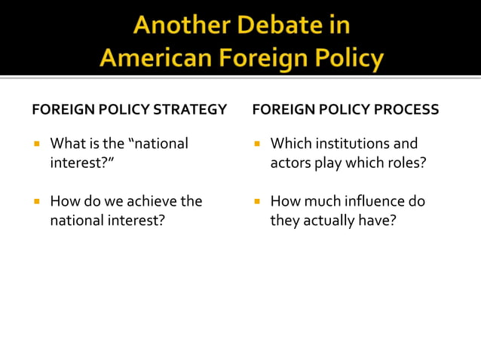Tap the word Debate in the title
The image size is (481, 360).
click(x=277, y=26)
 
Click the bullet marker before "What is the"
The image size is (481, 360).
click(x=36, y=143)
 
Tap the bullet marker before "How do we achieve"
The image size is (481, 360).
click(x=36, y=202)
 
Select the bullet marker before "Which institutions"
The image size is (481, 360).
click(x=256, y=143)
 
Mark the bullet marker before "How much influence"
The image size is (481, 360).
click(x=256, y=202)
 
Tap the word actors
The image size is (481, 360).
click(x=289, y=162)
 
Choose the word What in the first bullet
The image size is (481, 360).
click(x=66, y=143)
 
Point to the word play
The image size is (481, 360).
click(x=326, y=162)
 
